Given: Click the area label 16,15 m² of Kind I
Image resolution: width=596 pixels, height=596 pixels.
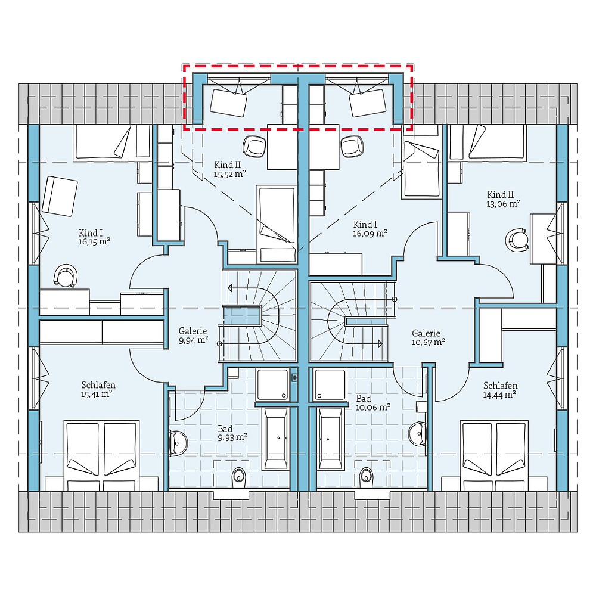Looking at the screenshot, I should coord(94,241).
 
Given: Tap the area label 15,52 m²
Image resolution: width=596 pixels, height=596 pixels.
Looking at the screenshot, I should coord(230,175).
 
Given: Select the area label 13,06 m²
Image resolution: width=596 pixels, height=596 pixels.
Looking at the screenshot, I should coord(504,203).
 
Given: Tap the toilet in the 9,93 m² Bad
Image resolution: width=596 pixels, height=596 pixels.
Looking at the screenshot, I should coord(239,475).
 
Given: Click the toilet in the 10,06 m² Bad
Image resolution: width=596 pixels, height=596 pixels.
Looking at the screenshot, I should coord(366,474).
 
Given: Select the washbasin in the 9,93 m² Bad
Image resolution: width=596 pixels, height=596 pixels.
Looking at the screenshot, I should coord(178,440).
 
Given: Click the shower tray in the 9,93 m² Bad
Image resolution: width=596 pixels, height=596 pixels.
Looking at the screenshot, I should coord(273,384).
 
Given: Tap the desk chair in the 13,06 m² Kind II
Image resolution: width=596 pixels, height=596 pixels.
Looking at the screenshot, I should coord(517,239).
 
